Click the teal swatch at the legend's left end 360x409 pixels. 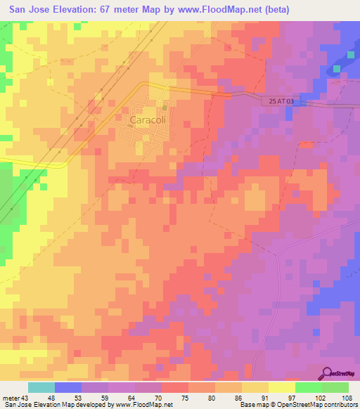tap(41, 388)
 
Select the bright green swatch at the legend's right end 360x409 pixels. tap(335, 388)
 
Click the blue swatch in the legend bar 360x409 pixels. tap(68, 388)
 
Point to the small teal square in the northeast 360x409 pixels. tap(336, 68)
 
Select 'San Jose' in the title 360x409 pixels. tap(27, 11)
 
